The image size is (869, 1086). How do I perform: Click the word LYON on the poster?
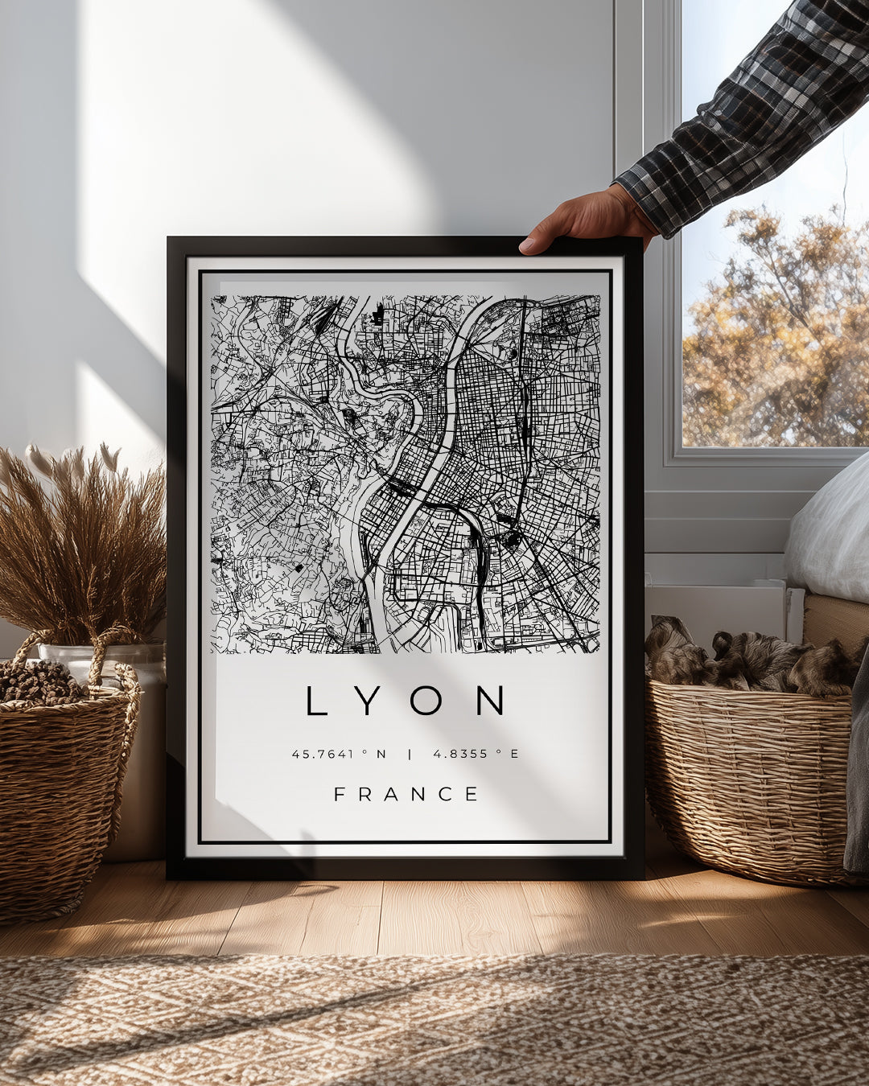click(406, 701)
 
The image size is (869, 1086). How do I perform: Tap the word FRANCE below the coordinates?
click(406, 795)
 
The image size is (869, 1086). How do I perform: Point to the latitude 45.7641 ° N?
click(339, 754)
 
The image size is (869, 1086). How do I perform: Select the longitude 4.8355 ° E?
click(476, 754)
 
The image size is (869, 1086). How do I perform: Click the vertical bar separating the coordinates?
click(410, 754)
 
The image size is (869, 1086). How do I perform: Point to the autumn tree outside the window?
click(772, 338)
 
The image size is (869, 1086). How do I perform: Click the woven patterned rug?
click(434, 1022)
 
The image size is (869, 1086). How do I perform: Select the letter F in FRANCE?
click(340, 795)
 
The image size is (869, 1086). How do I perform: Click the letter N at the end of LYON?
click(490, 701)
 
